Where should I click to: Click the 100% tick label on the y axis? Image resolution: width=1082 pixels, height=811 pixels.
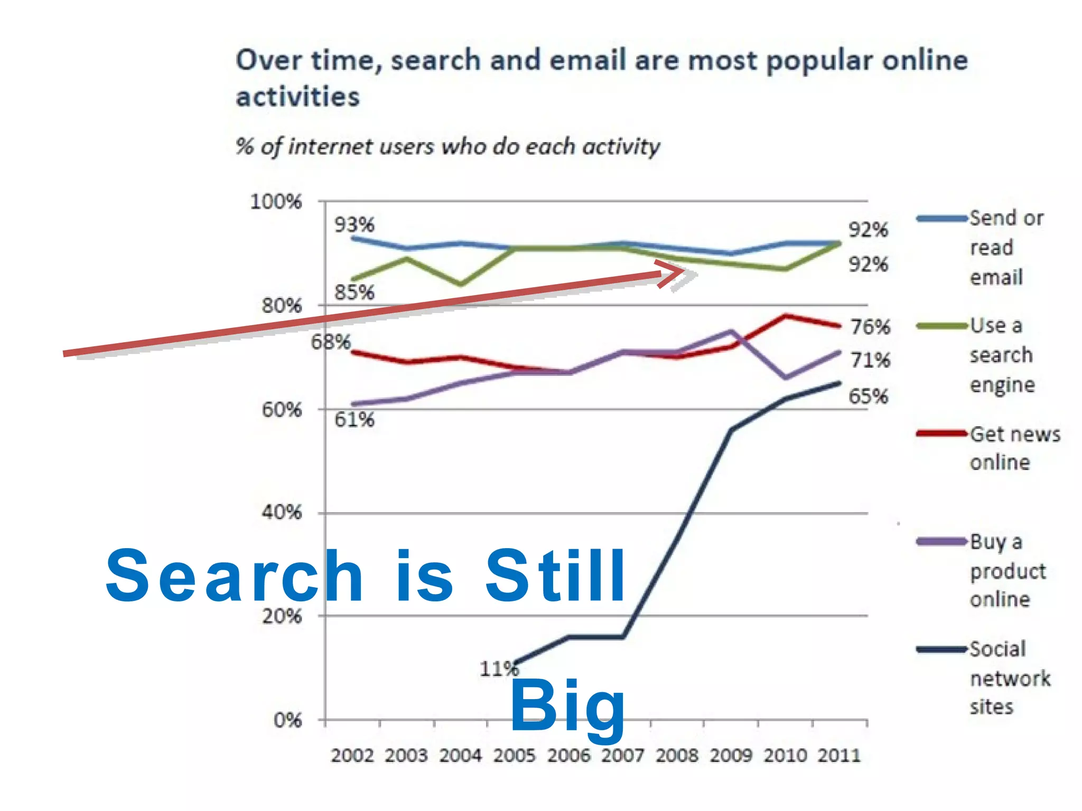[x=276, y=202]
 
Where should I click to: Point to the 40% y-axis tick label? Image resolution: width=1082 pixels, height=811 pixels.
[x=282, y=512]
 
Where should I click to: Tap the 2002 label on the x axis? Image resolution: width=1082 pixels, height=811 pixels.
[x=352, y=756]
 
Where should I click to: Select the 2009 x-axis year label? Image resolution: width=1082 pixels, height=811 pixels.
[x=731, y=756]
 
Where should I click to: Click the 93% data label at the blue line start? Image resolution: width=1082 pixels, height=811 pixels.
[x=354, y=225]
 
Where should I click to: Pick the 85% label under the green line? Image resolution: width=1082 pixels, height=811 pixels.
[x=354, y=292]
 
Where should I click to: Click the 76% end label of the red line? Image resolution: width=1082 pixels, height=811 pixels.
[x=870, y=327]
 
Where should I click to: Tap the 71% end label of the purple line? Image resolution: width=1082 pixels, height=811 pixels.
[x=870, y=360]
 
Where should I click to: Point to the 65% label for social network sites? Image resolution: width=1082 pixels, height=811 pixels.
[x=868, y=396]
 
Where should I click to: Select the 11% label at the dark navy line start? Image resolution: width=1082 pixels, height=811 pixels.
[x=499, y=669]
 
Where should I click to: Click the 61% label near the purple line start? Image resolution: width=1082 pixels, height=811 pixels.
[x=354, y=420]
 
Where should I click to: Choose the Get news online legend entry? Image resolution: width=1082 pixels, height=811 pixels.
[x=1014, y=448]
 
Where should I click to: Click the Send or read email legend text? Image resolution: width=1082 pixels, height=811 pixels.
[x=1005, y=247]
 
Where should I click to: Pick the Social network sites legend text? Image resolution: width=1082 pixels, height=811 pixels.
[x=1009, y=677]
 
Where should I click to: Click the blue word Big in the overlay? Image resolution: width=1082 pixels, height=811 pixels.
[x=567, y=706]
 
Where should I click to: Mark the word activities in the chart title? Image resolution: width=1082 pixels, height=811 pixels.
[x=297, y=97]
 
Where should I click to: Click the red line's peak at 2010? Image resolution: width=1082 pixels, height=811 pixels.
[x=786, y=316]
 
